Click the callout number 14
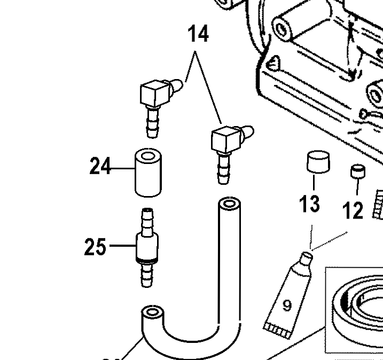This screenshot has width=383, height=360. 197,36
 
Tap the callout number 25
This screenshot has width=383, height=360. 96,246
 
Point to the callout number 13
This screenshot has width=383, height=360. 310,204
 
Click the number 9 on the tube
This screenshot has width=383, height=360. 287,306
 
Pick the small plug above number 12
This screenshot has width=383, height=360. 357,173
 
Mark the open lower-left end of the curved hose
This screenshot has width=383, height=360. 152,311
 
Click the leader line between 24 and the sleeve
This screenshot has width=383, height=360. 122,168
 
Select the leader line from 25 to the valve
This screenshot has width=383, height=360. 121,246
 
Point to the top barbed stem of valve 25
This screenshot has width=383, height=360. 146,219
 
